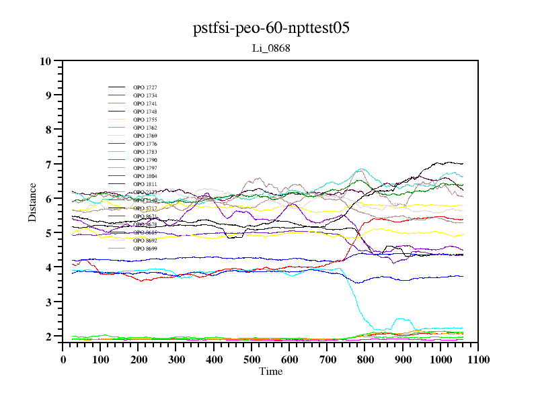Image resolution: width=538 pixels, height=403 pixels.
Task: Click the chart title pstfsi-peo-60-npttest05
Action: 271,29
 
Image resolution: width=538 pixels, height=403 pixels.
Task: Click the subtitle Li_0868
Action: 271,48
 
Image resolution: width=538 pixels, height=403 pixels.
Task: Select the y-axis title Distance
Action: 32,201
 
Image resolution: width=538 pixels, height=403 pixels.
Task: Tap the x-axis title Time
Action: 271,371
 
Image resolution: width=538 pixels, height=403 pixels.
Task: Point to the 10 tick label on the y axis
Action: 46,61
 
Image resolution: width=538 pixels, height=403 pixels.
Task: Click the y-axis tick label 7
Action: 48,164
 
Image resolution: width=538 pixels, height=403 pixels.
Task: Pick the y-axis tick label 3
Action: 48,302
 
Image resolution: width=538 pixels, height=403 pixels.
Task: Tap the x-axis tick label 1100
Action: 478,359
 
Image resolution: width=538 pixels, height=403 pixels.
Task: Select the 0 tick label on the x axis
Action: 63,359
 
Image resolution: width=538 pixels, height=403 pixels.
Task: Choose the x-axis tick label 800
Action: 365,359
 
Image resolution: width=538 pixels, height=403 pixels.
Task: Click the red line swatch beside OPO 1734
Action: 117,96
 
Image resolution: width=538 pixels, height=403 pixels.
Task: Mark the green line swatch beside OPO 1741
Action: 117,104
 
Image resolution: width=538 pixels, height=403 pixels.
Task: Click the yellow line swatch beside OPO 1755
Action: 117,120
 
